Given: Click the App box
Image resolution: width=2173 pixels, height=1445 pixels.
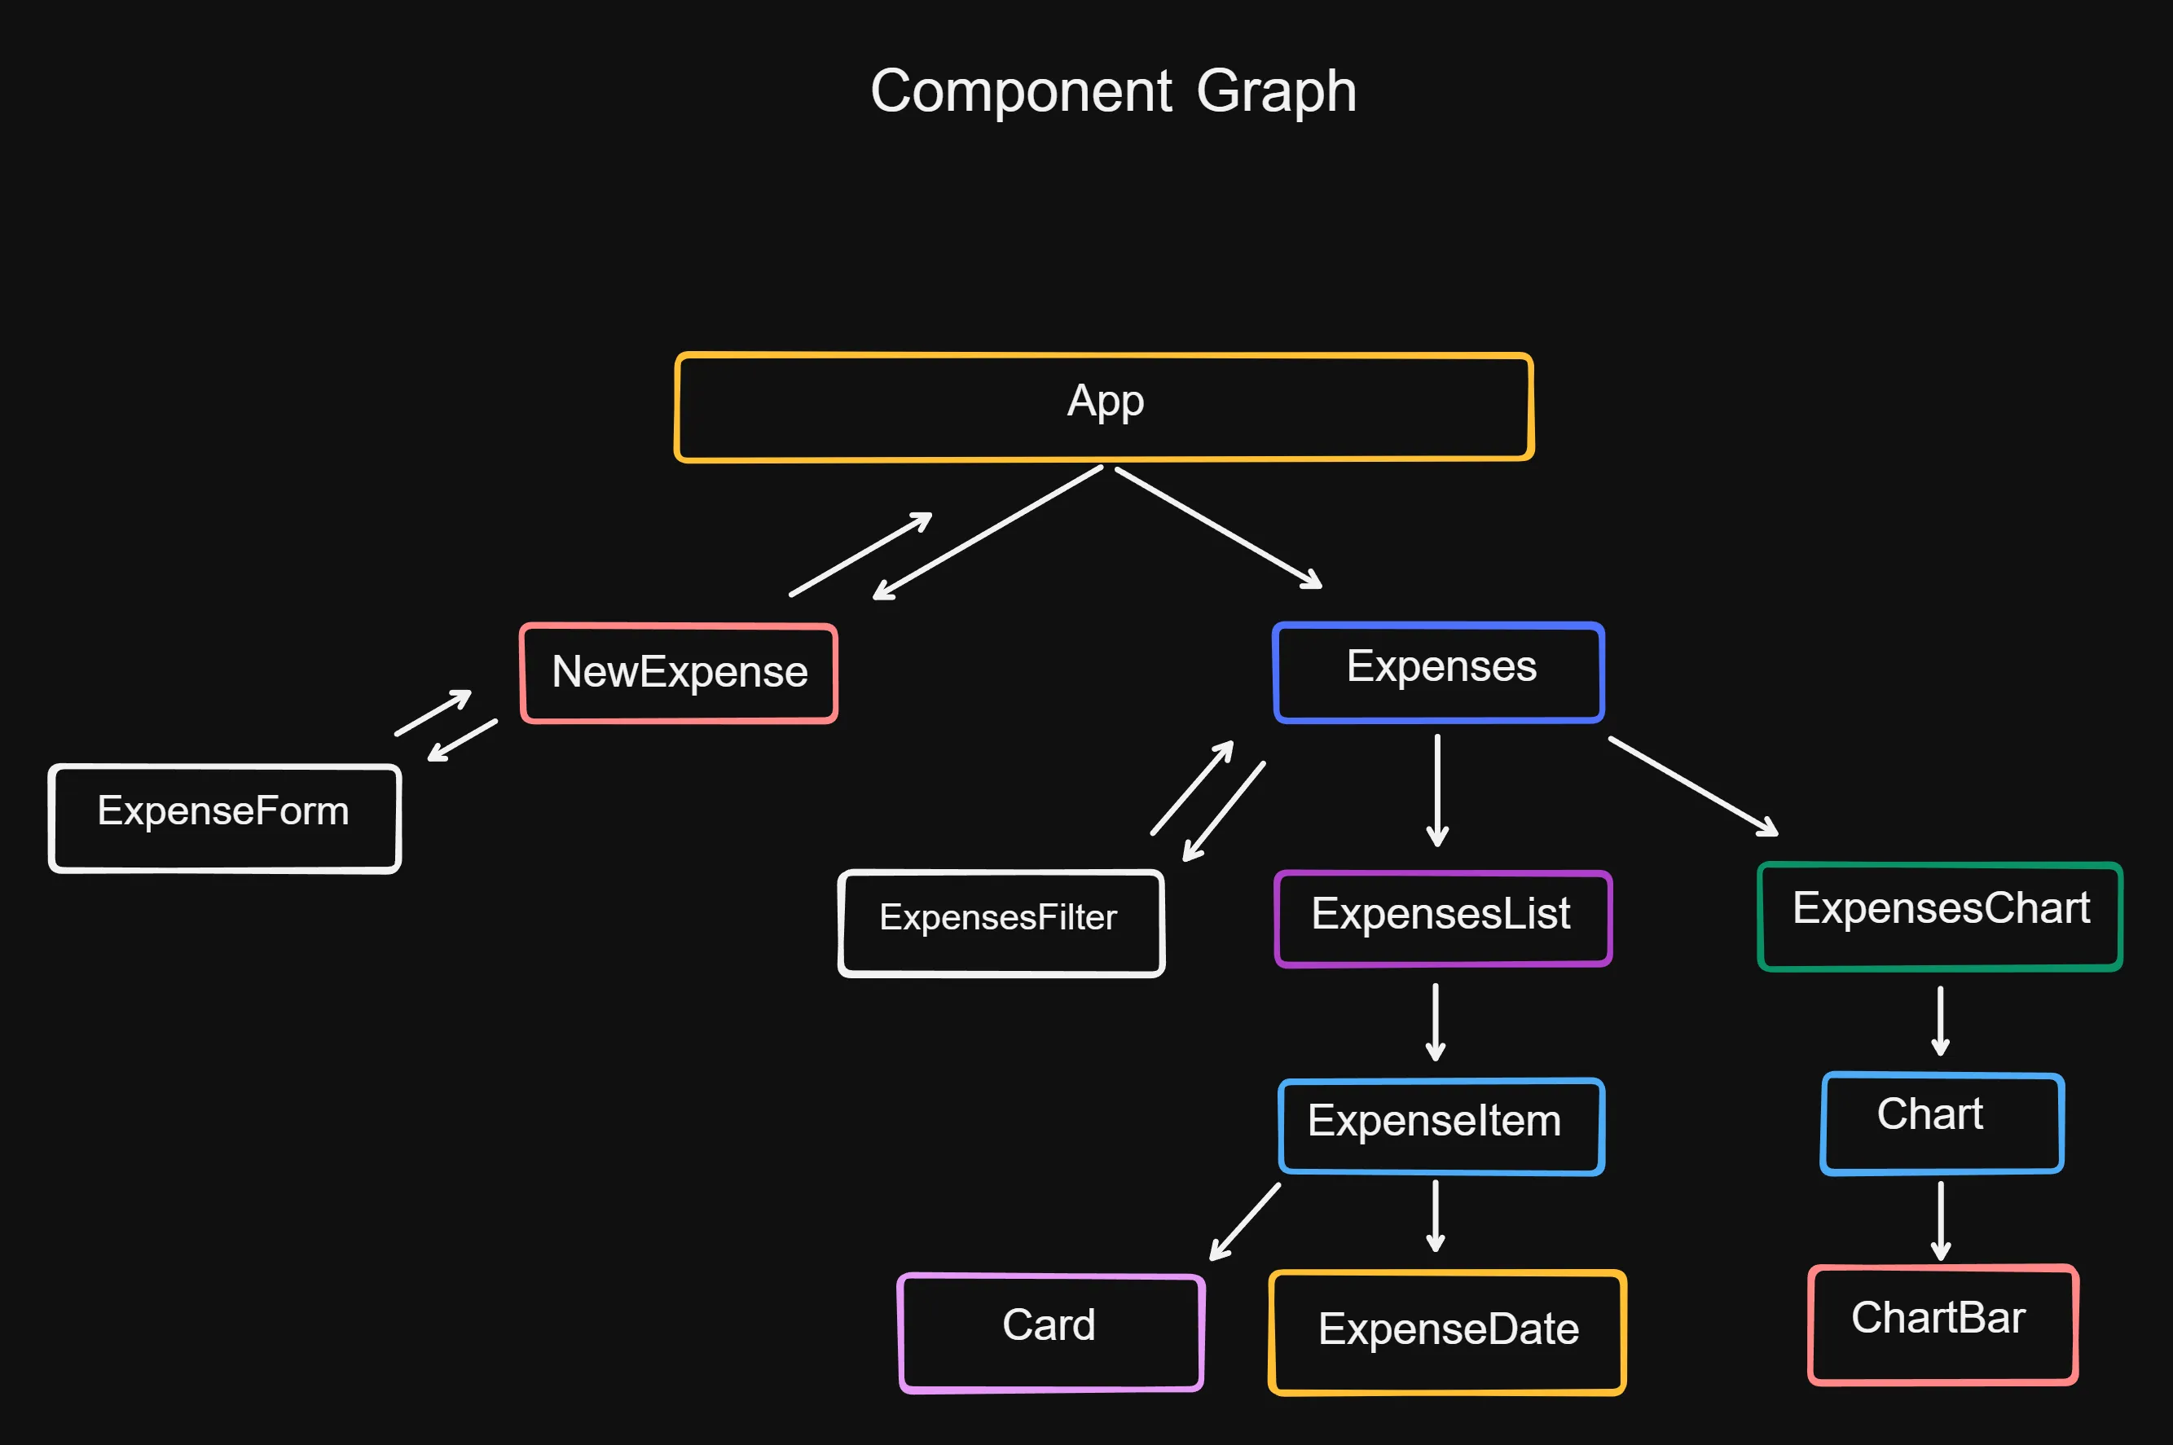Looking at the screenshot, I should click(1104, 406).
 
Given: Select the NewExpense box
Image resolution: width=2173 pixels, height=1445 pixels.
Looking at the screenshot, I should click(680, 673).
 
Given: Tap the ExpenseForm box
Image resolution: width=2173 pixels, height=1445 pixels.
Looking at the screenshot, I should click(225, 818).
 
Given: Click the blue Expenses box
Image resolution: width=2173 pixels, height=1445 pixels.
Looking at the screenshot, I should click(1439, 672).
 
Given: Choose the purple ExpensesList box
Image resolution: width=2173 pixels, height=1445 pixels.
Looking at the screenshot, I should click(1443, 918).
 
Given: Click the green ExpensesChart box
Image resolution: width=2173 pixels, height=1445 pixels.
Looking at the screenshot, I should click(1940, 916).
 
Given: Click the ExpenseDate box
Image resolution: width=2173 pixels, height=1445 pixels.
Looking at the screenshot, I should click(1447, 1332).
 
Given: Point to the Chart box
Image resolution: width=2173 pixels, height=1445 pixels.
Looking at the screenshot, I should click(1942, 1122).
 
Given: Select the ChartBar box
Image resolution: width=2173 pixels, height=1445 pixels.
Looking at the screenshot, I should click(1942, 1324).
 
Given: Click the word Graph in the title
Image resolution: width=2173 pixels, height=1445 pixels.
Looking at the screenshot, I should click(1276, 92).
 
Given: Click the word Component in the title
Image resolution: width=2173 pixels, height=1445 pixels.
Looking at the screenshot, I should click(1021, 92).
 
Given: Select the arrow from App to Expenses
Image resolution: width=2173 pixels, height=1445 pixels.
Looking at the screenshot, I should click(1218, 527).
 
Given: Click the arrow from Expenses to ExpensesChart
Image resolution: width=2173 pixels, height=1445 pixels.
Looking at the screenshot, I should click(1693, 786).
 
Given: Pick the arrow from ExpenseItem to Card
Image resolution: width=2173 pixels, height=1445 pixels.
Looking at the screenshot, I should click(1245, 1221).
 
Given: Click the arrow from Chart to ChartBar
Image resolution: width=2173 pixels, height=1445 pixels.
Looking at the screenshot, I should click(1941, 1220).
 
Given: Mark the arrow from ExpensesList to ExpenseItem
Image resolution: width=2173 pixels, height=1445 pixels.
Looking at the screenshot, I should click(1435, 1021).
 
